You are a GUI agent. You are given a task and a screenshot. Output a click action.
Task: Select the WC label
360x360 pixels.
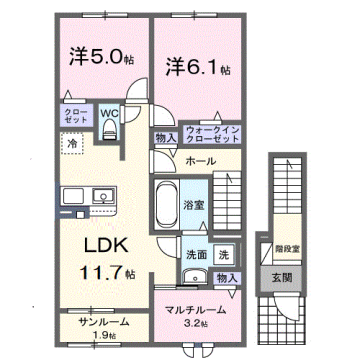[110, 113]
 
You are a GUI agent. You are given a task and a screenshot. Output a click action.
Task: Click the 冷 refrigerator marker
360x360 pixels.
[73, 145]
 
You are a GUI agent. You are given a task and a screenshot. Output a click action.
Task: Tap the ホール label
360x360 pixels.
[197, 160]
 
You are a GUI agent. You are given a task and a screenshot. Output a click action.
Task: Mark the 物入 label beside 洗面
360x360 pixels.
[227, 277]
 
